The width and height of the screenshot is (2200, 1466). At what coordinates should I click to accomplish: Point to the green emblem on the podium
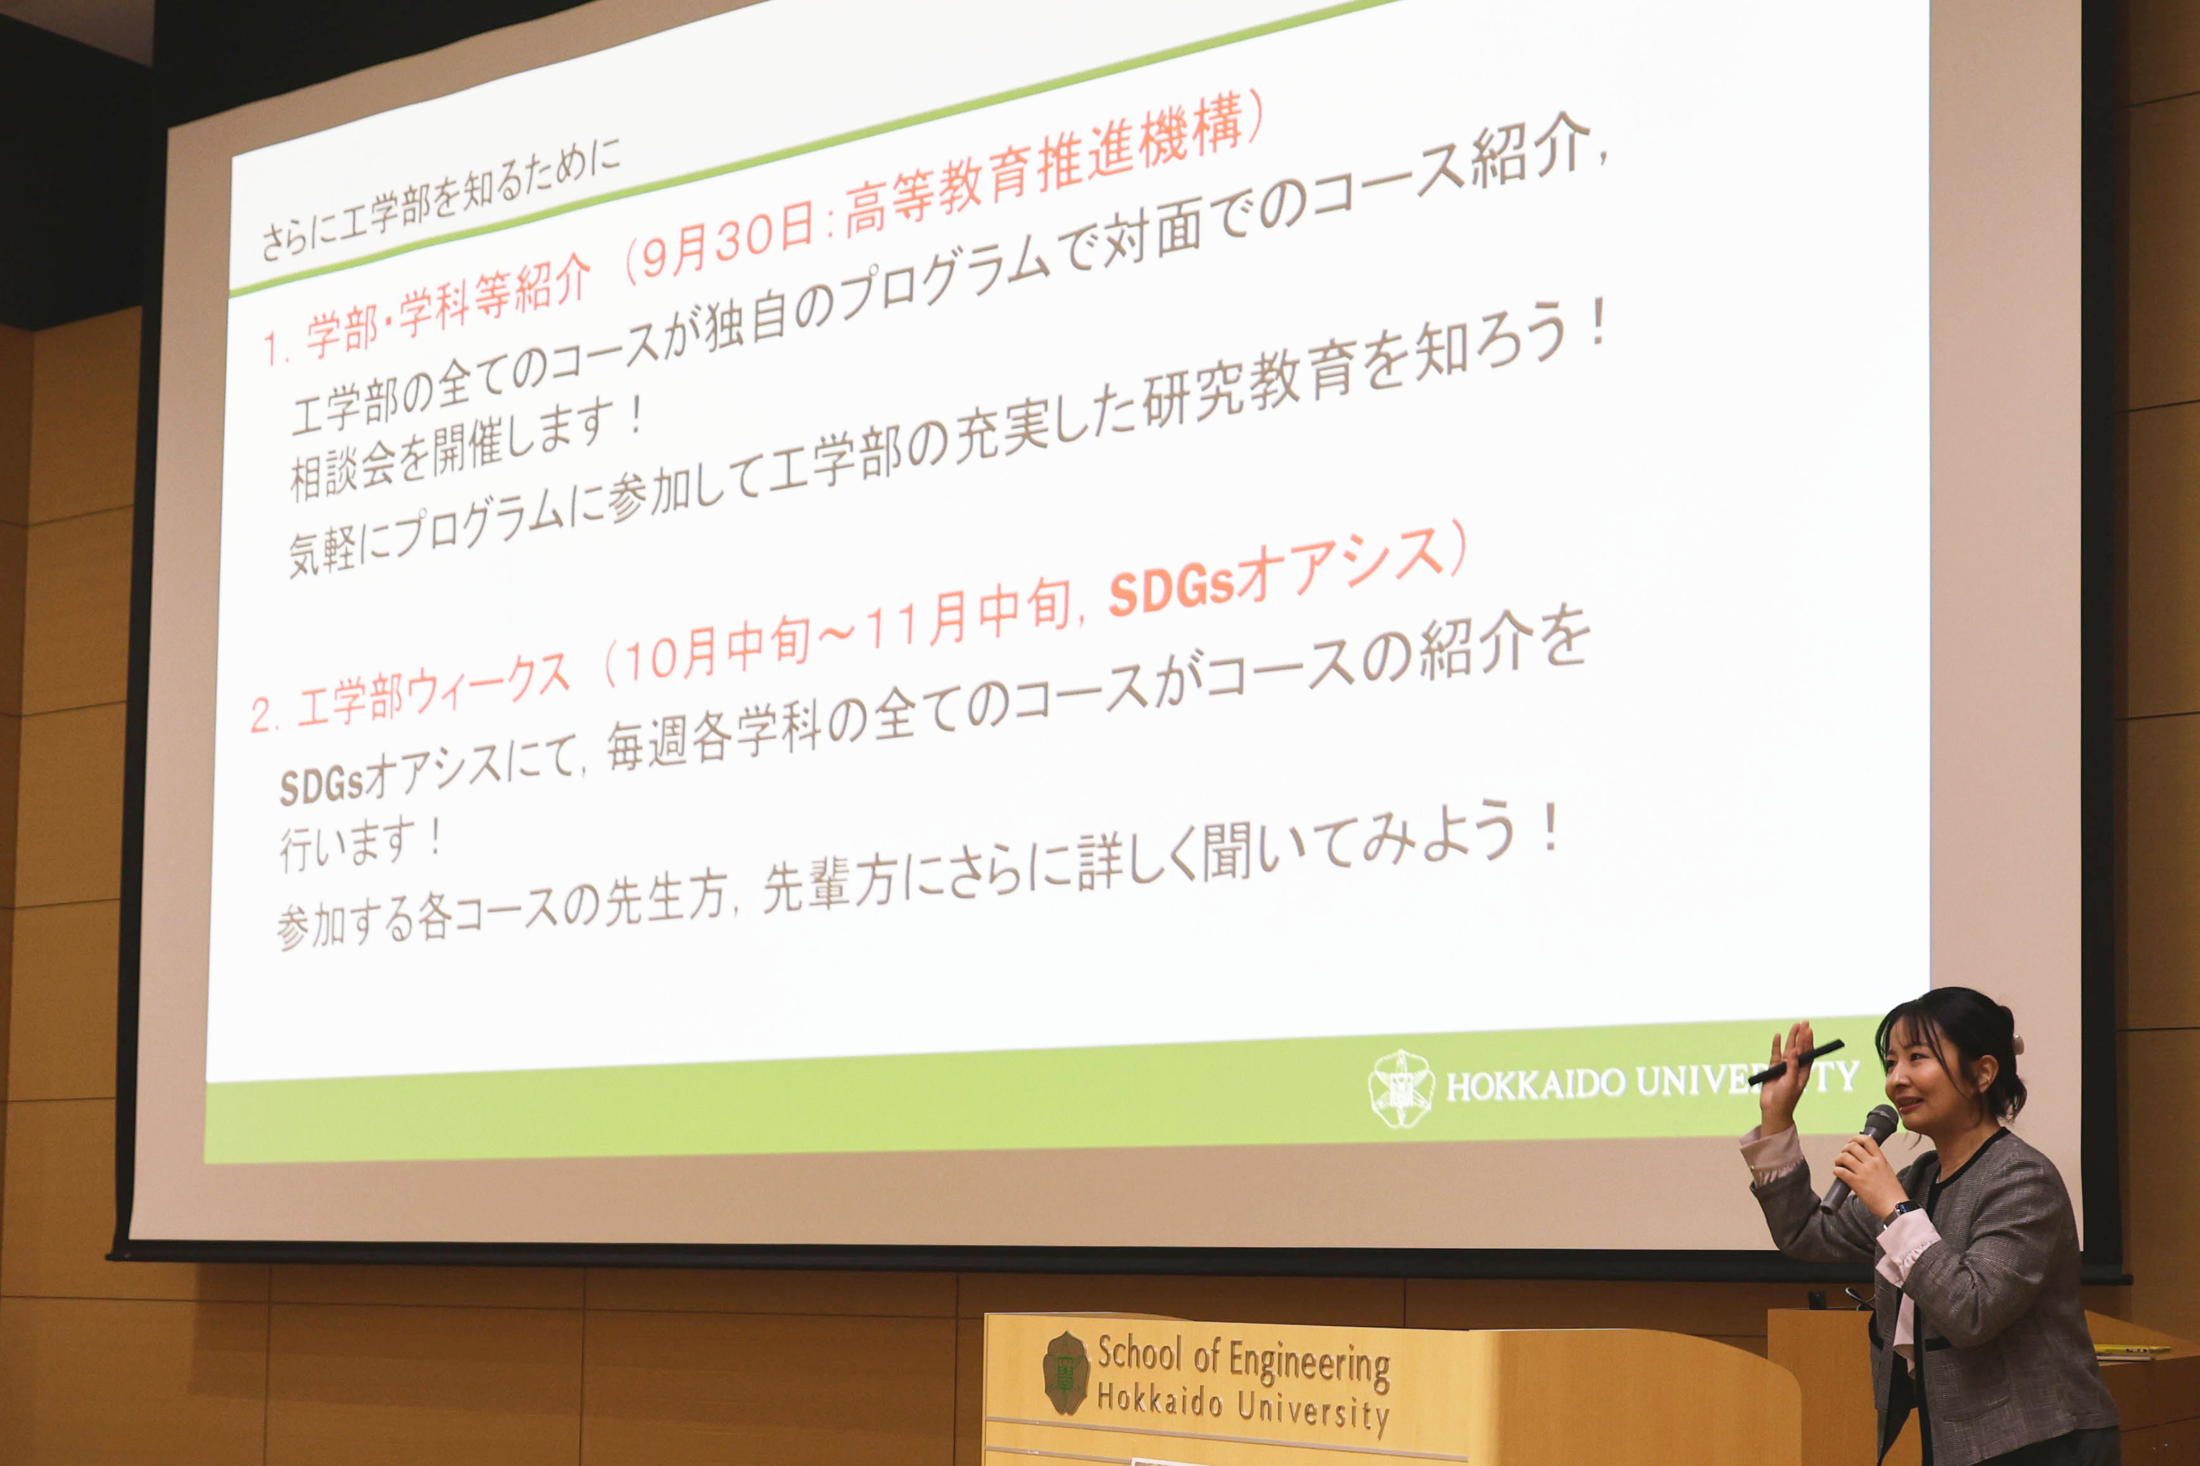click(1066, 1372)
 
